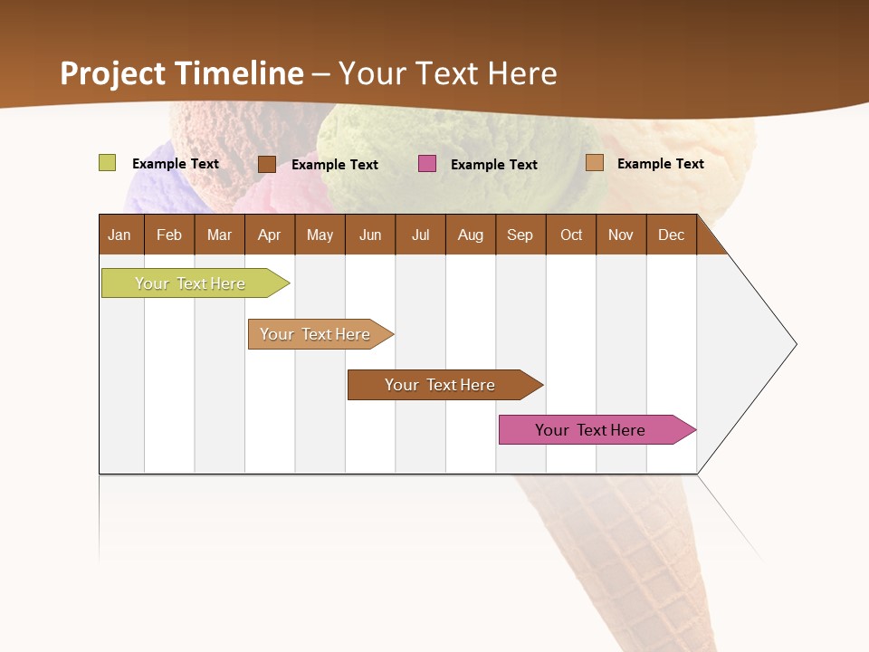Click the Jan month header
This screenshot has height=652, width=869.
[120, 235]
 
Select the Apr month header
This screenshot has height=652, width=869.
[270, 235]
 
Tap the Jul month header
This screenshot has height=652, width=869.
[420, 235]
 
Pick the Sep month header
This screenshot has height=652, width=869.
[520, 235]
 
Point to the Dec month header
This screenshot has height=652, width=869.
[671, 235]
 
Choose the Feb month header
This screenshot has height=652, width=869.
[169, 235]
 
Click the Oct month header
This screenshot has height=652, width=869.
[570, 235]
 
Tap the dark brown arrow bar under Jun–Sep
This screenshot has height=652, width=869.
[441, 385]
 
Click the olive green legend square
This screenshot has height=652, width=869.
[107, 163]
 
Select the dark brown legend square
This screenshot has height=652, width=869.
[266, 164]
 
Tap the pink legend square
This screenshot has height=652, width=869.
[427, 164]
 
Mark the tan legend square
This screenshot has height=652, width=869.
[594, 163]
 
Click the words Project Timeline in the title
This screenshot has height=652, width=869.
[182, 73]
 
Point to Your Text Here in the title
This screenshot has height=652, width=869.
[448, 73]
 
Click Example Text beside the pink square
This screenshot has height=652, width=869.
[493, 165]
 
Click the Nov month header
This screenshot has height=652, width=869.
[620, 235]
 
